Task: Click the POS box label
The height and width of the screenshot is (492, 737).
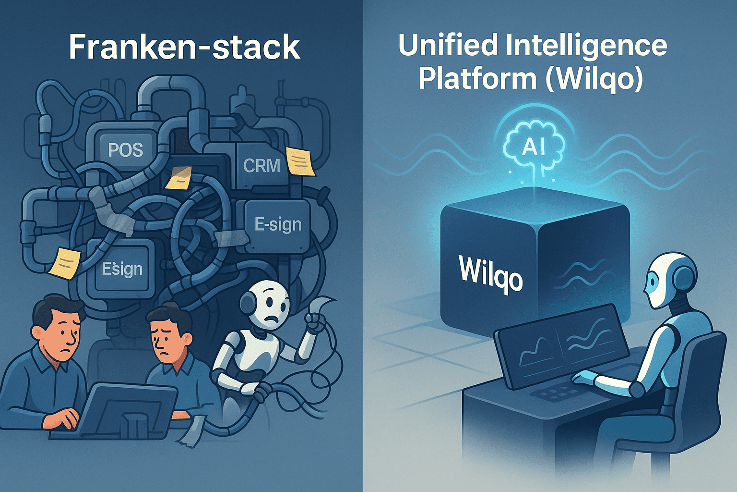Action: pos(126,150)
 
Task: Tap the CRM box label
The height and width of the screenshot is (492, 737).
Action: pos(262,166)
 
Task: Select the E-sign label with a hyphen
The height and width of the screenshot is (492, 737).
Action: pos(278,224)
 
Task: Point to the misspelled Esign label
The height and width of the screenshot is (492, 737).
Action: pos(122,269)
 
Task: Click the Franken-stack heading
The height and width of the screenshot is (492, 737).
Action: pos(184,47)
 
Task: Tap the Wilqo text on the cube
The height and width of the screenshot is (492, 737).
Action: pos(490,273)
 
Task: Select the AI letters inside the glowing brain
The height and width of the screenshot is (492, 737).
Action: pos(533,147)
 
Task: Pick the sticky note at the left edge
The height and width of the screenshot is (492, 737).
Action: pos(65,262)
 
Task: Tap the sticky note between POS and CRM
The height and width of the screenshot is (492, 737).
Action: pos(178,178)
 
